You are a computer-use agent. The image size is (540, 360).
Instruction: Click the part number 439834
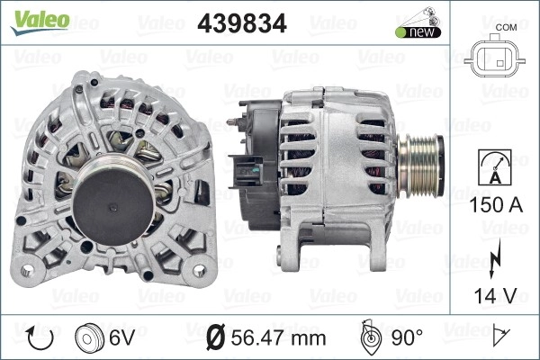(242, 23)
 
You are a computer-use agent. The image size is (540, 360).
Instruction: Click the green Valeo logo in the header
(40, 22)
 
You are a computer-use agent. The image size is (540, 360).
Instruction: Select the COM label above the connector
(506, 27)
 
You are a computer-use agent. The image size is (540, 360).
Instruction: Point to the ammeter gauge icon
(495, 167)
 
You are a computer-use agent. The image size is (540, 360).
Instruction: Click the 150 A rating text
(496, 205)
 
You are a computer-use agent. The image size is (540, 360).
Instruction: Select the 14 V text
(496, 295)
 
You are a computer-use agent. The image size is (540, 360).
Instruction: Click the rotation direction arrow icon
(40, 338)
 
